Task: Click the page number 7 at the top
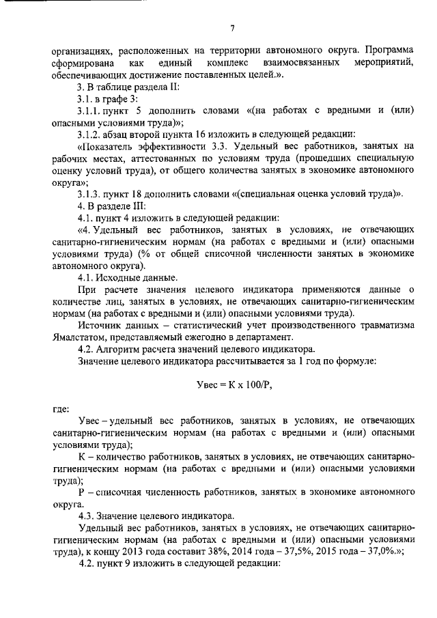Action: (x=232, y=28)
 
